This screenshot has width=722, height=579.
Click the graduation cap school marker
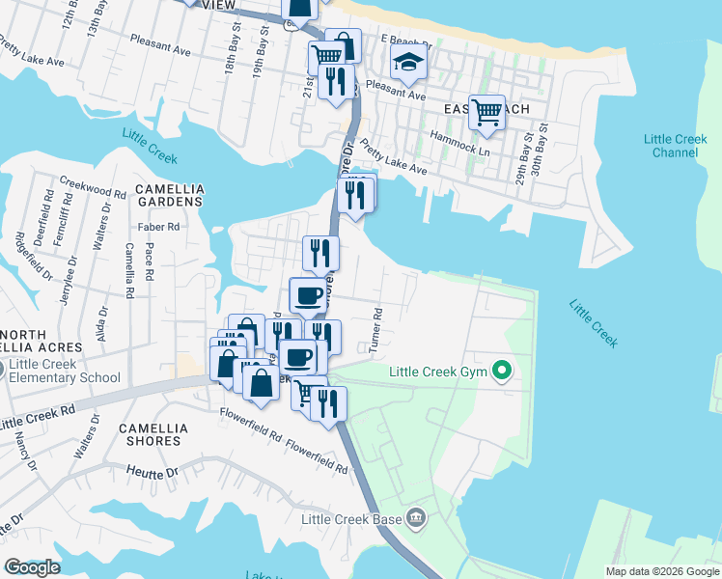[x=408, y=64]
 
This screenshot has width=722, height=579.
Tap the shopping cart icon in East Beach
[x=487, y=111]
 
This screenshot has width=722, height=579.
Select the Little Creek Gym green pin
[x=502, y=371]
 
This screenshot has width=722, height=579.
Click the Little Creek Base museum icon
[x=416, y=518]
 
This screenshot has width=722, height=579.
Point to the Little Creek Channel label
[x=676, y=146]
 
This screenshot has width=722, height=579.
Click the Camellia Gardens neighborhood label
[x=169, y=194]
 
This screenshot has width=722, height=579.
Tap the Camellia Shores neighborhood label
[x=150, y=433]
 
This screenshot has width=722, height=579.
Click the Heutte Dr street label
[x=153, y=473]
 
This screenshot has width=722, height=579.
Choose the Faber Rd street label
[x=159, y=228]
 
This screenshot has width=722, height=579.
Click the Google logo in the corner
[x=32, y=567]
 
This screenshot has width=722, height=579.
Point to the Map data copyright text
[x=662, y=571]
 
